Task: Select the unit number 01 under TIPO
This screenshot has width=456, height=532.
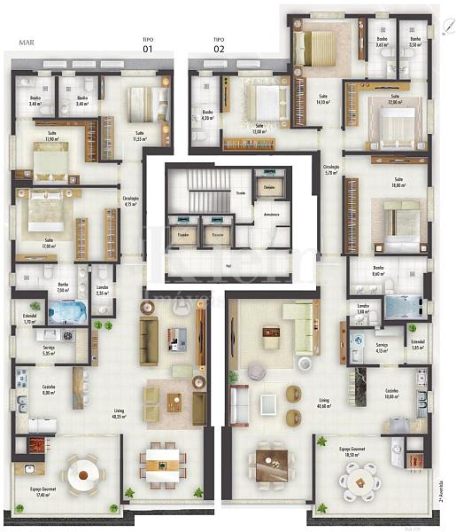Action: tap(148, 50)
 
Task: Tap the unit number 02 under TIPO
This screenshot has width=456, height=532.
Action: tap(219, 50)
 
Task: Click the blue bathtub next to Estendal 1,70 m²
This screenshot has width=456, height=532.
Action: tap(64, 312)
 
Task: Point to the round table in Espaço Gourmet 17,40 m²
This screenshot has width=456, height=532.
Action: tap(84, 476)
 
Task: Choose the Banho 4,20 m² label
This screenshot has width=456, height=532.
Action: tap(207, 115)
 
